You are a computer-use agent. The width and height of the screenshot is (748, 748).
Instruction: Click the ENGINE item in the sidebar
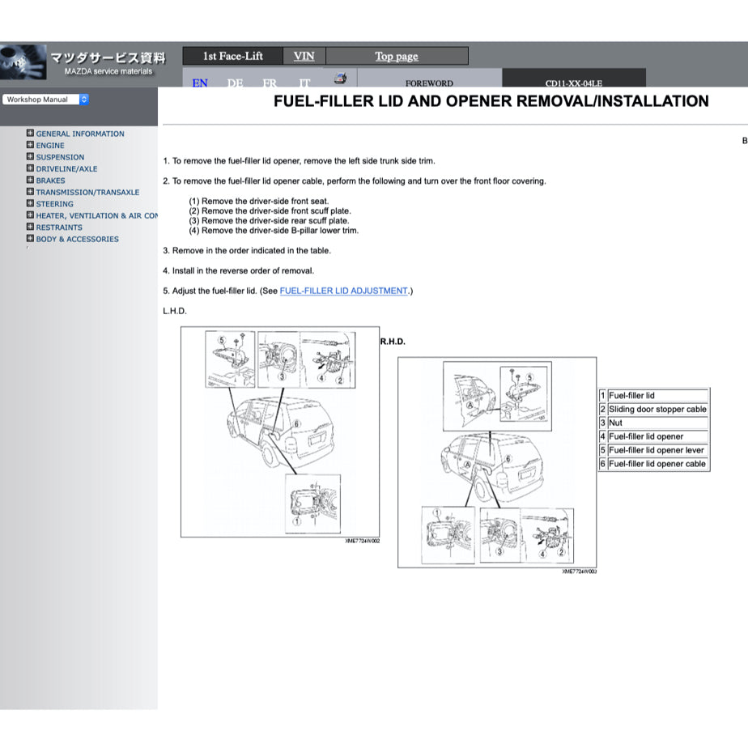[49, 146]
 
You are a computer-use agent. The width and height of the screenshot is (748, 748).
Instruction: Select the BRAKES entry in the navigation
[50, 181]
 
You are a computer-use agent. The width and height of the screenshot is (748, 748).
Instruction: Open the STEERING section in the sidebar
[54, 204]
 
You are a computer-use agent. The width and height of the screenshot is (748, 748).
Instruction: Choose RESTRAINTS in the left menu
[58, 227]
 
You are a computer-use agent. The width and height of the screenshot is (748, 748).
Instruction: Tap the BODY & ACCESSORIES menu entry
[77, 239]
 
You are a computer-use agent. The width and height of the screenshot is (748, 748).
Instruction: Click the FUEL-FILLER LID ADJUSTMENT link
[343, 291]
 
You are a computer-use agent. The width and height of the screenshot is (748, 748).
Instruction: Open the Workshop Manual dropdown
[45, 100]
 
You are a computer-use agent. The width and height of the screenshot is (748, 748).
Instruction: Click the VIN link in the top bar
[304, 56]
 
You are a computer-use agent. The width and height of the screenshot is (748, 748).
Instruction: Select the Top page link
[397, 56]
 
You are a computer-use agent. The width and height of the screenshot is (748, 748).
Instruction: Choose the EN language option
[200, 83]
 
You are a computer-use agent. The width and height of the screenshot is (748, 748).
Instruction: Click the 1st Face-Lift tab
[232, 56]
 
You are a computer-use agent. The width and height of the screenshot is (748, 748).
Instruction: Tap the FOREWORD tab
[429, 83]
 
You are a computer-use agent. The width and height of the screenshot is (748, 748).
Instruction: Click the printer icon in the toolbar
[341, 79]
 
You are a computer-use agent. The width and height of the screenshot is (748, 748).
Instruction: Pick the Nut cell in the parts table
[616, 423]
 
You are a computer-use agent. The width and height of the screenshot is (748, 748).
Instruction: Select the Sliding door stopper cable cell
[657, 410]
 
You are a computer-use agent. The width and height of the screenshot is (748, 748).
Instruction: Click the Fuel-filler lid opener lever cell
[657, 450]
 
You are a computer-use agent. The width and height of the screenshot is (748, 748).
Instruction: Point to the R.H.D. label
[393, 342]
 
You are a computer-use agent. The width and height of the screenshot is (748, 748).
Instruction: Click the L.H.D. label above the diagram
[175, 311]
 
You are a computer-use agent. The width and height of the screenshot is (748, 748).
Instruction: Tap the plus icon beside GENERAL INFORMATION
[30, 134]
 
